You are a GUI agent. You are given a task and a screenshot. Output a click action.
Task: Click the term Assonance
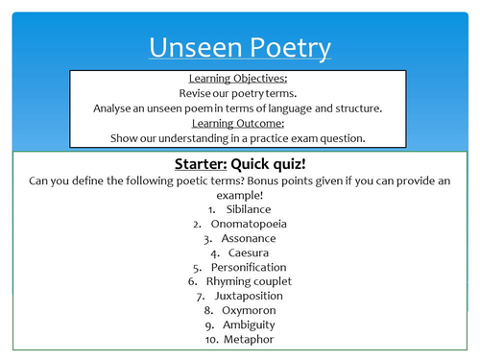coord(249,237)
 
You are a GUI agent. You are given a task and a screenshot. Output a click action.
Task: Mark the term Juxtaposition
coord(249,296)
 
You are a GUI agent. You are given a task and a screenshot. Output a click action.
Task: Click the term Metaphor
coord(249,340)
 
